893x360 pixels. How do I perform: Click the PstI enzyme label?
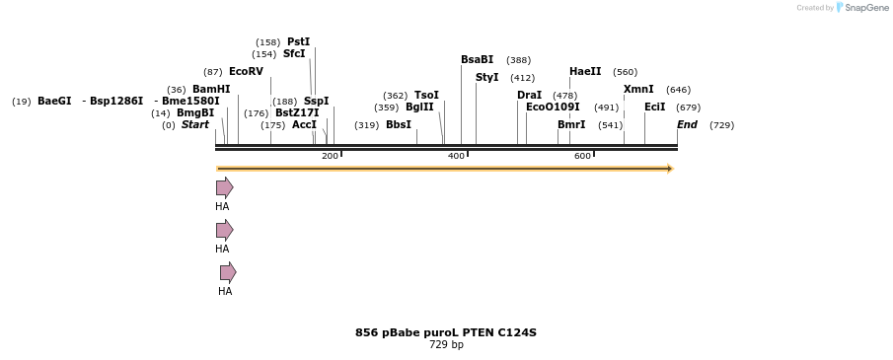[x=298, y=41]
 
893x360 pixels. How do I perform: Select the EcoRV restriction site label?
[x=246, y=71]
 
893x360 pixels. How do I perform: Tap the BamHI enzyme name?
[x=211, y=89]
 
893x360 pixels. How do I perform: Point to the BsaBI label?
[x=477, y=59]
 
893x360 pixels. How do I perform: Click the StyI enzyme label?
[x=486, y=77]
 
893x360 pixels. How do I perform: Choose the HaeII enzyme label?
[x=585, y=71]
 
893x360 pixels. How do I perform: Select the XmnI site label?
[x=638, y=89]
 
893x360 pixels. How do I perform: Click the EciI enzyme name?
[x=654, y=107]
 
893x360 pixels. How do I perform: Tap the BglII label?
[x=419, y=107]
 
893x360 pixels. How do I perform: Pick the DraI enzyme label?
[x=529, y=95]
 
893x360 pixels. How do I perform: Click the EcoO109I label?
[x=553, y=107]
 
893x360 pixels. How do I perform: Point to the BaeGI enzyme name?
[x=54, y=101]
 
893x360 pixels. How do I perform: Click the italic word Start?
[x=194, y=124]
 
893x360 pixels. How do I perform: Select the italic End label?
[x=687, y=124]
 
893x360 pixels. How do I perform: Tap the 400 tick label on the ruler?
[x=456, y=156]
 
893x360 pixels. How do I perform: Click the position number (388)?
[x=518, y=60]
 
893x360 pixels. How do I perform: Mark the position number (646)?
[x=678, y=90]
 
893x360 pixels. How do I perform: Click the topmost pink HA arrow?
[x=224, y=187]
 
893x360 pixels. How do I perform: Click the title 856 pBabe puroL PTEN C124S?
[x=446, y=332]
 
